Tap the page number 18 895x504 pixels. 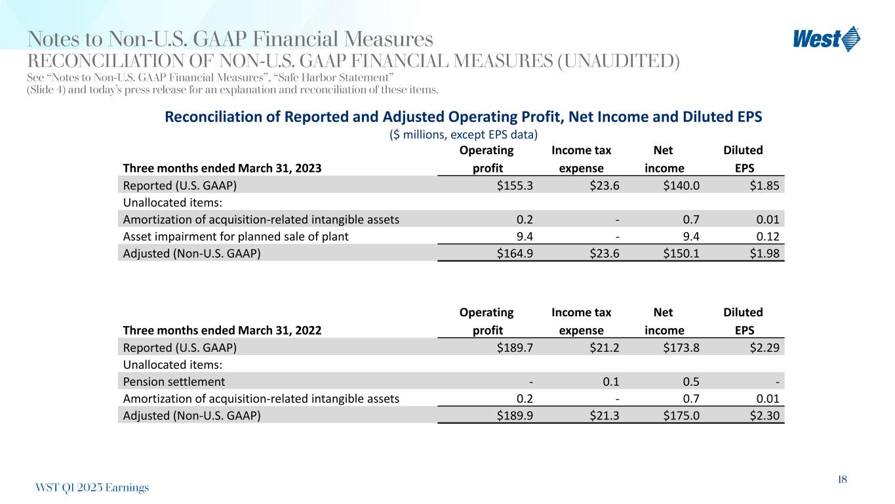(x=842, y=480)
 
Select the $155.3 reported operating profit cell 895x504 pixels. (x=515, y=185)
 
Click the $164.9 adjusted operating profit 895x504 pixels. (x=515, y=253)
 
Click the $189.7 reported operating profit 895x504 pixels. (x=515, y=348)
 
